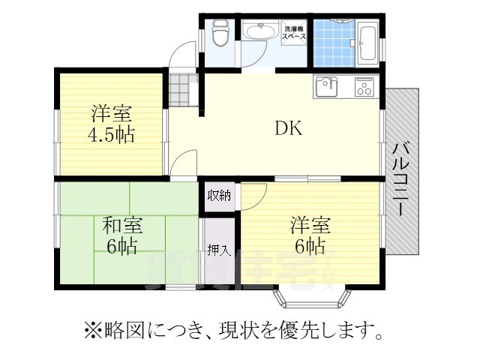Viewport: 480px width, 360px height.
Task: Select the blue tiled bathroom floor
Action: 329,41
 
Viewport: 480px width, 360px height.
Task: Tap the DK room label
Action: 287,128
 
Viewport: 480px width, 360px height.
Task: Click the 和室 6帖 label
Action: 122,235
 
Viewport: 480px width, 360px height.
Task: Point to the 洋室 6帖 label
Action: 309,235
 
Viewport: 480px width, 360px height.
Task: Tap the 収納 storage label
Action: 219,196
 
